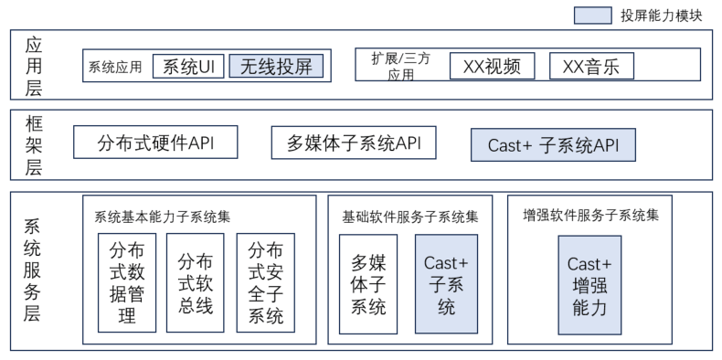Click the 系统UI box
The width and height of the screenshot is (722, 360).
188,67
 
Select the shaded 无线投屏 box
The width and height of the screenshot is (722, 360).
276,67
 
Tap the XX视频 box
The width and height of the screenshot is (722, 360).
493,66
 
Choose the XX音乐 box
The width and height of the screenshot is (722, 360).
591,66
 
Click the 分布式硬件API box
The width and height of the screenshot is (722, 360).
155,143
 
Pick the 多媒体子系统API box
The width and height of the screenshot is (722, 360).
354,143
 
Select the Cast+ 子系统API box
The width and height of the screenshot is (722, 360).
553,145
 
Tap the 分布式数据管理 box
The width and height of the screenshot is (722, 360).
127,282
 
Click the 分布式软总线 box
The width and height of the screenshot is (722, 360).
196,282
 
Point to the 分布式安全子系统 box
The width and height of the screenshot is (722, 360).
266,282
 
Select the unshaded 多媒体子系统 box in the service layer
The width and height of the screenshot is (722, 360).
368,284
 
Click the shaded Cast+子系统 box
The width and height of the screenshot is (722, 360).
446,284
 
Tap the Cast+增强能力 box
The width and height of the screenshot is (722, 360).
589,285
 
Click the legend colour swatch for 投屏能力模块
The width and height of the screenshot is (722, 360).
592,16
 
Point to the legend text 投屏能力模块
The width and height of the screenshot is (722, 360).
661,16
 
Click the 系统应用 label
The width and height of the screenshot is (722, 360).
115,68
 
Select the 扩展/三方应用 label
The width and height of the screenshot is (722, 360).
400,67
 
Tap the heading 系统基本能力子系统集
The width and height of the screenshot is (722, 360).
163,217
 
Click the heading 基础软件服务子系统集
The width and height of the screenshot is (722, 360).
410,217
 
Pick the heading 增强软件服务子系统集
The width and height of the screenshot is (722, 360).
591,215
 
